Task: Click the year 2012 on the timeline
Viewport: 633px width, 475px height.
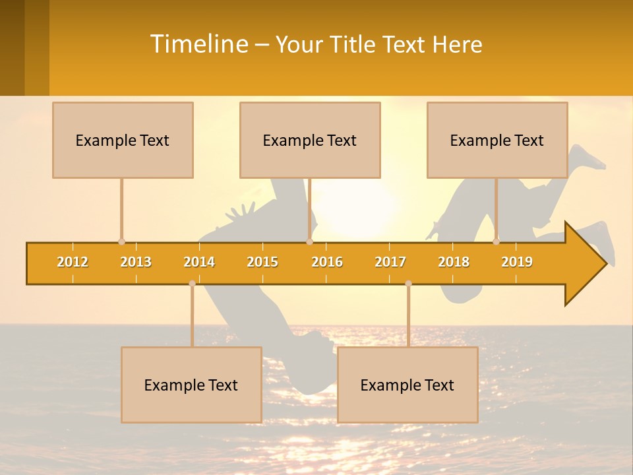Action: [73, 262]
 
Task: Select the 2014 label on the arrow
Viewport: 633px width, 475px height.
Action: [199, 262]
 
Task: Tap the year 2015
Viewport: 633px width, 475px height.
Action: [262, 262]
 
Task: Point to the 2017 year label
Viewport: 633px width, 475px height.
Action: [390, 262]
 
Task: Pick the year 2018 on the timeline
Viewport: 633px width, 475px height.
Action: [454, 262]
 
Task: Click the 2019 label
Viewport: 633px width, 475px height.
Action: [517, 262]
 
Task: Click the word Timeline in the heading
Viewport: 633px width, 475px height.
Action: [198, 44]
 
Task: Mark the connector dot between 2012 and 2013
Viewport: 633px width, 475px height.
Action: [121, 241]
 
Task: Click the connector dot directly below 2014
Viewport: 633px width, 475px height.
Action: [192, 283]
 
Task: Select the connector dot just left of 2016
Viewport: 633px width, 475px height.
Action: [309, 241]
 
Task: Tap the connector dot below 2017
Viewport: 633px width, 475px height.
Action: [408, 283]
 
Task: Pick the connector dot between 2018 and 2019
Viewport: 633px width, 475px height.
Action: [496, 241]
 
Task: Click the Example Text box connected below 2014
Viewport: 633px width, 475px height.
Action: [191, 385]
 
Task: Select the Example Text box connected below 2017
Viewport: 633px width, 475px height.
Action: [407, 385]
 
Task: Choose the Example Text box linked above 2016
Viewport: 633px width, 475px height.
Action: [310, 140]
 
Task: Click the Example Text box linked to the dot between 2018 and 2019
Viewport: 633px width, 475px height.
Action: [497, 140]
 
